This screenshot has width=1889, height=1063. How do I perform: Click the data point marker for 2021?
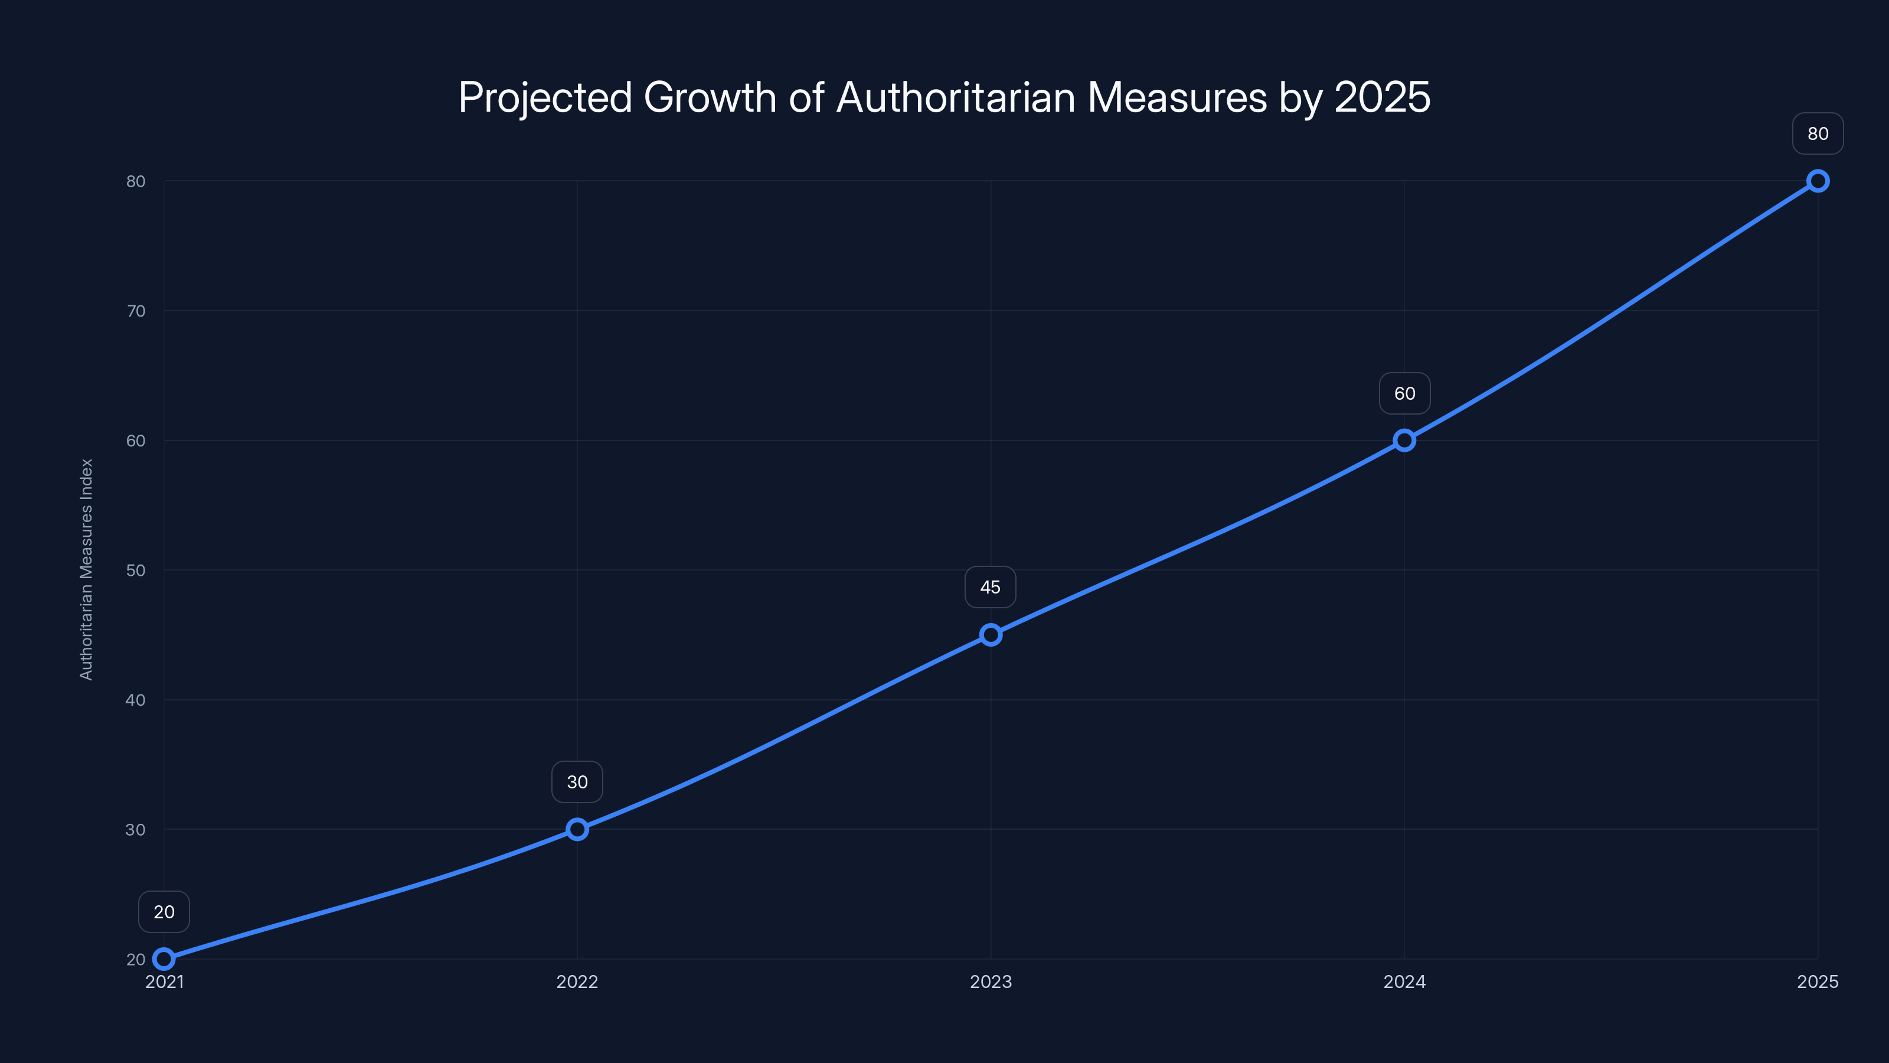point(164,959)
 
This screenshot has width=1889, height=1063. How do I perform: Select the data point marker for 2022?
point(577,829)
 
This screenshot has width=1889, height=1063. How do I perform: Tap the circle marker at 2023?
point(991,635)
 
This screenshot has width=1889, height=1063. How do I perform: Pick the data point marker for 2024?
point(1404,440)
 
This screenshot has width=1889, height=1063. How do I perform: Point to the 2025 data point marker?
point(1818,181)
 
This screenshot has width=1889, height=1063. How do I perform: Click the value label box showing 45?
point(990,587)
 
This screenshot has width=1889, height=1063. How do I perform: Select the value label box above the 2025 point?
point(1818,133)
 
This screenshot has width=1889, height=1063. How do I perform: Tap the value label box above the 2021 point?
point(164,912)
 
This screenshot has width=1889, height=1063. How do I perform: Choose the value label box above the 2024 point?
point(1404,393)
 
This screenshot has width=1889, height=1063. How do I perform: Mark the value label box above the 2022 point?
point(577,782)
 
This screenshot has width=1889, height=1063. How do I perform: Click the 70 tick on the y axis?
point(136,311)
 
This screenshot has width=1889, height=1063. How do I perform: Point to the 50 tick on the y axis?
point(136,570)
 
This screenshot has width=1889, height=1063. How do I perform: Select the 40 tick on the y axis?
point(136,700)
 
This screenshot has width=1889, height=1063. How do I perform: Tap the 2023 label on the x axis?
point(991,982)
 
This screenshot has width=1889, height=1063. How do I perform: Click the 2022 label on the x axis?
point(577,982)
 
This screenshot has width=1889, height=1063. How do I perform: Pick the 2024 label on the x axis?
point(1404,982)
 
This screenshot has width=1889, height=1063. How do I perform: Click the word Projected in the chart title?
point(545,97)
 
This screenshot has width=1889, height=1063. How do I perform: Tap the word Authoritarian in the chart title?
point(956,97)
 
